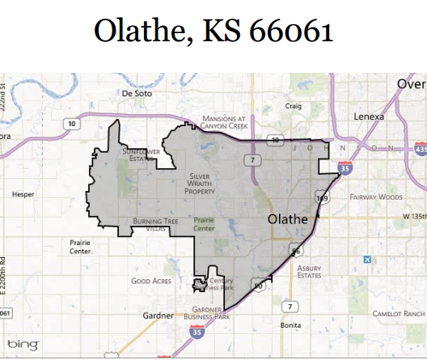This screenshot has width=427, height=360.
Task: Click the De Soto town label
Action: (137, 93)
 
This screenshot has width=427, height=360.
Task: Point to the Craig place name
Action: (294, 106)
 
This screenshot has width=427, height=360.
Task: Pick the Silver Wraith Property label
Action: (200, 183)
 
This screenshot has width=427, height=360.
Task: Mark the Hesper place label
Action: (23, 195)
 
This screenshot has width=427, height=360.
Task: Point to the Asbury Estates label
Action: (310, 271)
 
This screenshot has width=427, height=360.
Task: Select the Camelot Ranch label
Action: (399, 313)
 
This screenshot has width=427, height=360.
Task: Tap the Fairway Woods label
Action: (376, 197)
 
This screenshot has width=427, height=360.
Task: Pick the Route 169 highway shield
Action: (321, 197)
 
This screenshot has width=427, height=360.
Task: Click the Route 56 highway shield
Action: (297, 251)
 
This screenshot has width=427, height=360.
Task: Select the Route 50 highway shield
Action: (258, 285)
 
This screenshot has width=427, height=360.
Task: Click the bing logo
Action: (23, 345)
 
